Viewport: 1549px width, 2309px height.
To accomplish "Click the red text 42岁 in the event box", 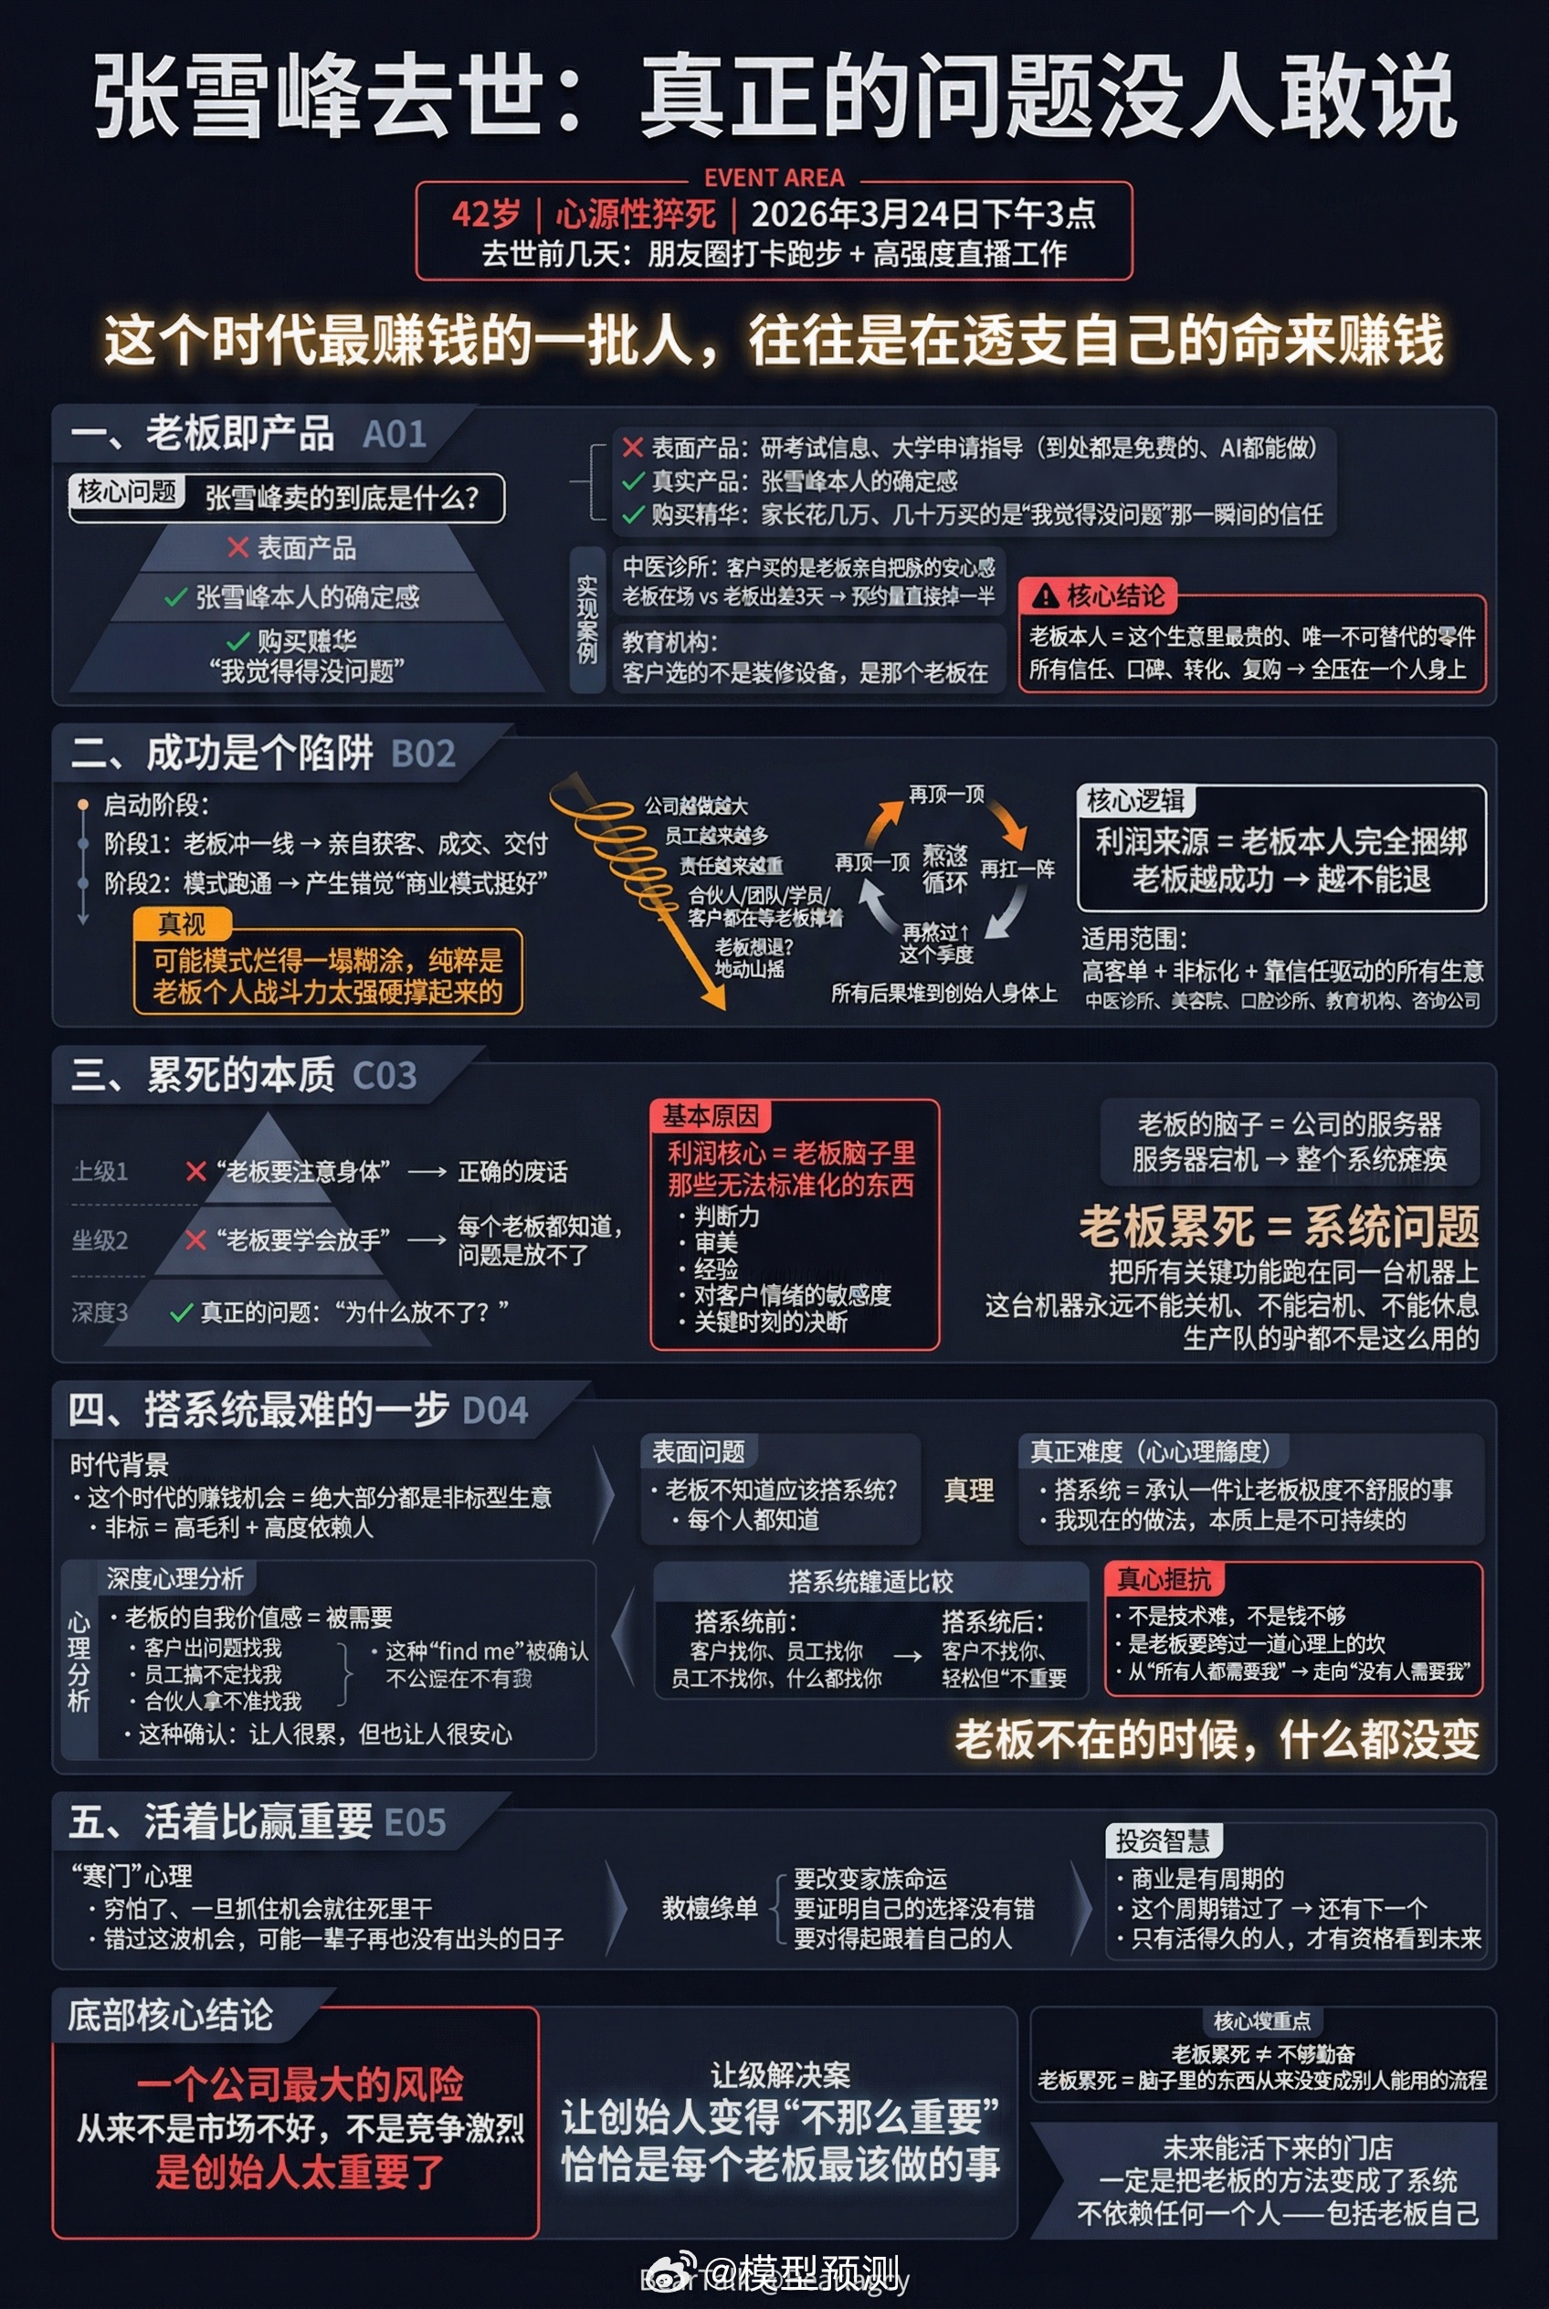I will click(x=486, y=215).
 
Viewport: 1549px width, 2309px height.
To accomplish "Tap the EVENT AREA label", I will click(x=774, y=178).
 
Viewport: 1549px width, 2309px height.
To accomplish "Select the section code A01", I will click(x=395, y=435).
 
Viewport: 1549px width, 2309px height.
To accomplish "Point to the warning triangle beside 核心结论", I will click(x=1044, y=596).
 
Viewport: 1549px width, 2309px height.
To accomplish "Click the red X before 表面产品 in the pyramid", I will click(x=237, y=547).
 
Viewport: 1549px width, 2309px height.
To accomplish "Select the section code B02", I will click(x=423, y=754).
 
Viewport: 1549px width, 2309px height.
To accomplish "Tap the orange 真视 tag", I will click(x=182, y=923).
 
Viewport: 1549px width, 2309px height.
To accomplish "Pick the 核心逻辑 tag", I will click(x=1134, y=800).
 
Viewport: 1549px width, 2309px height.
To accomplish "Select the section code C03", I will click(x=385, y=1076).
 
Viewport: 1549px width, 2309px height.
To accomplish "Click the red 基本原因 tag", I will click(x=710, y=1116).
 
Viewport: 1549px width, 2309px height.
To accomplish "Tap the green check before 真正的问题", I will click(x=181, y=1313).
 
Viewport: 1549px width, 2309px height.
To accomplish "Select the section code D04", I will click(x=495, y=1411).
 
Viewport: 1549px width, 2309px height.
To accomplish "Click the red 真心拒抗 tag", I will click(x=1163, y=1580).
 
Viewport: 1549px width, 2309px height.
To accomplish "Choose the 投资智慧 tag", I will click(x=1162, y=1840).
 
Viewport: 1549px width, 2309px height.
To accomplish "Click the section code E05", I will click(x=415, y=1823).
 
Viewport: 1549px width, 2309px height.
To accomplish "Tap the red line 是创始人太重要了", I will click(x=300, y=2172).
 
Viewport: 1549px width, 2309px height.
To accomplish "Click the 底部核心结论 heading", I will click(x=170, y=2016).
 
